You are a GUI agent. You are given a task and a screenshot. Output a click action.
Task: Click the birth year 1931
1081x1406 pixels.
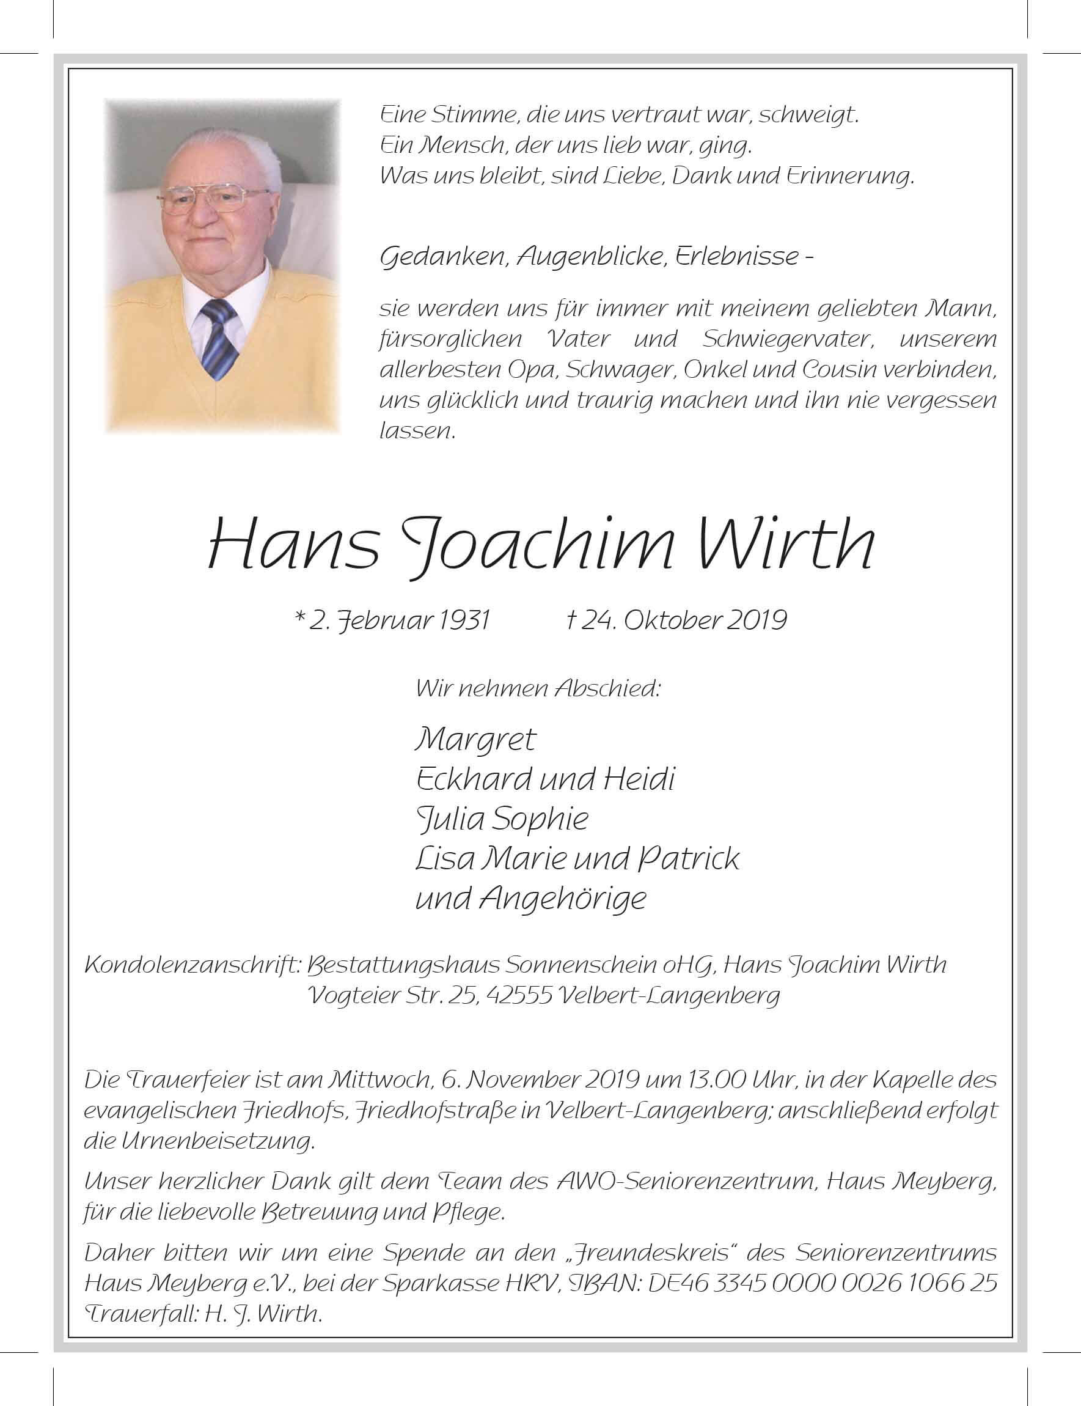click(x=466, y=620)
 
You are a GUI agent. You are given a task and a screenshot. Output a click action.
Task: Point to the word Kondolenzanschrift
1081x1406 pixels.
click(x=192, y=965)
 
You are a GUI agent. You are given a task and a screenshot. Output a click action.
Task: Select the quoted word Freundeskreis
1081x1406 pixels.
click(x=650, y=1252)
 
